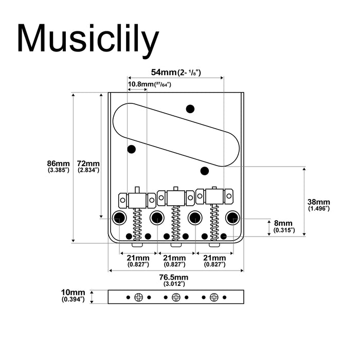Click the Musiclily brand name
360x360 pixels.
tap(88, 39)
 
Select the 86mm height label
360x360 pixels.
tap(58, 166)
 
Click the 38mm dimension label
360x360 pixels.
tap(319, 205)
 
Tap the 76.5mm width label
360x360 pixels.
tap(174, 280)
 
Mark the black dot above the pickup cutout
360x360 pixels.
tap(190, 109)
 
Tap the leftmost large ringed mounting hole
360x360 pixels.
tap(120, 217)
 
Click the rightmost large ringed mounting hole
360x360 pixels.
tap(233, 217)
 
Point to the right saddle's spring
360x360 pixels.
tap(214, 221)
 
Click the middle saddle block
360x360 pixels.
tap(175, 196)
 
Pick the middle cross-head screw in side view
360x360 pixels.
tap(176, 297)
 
